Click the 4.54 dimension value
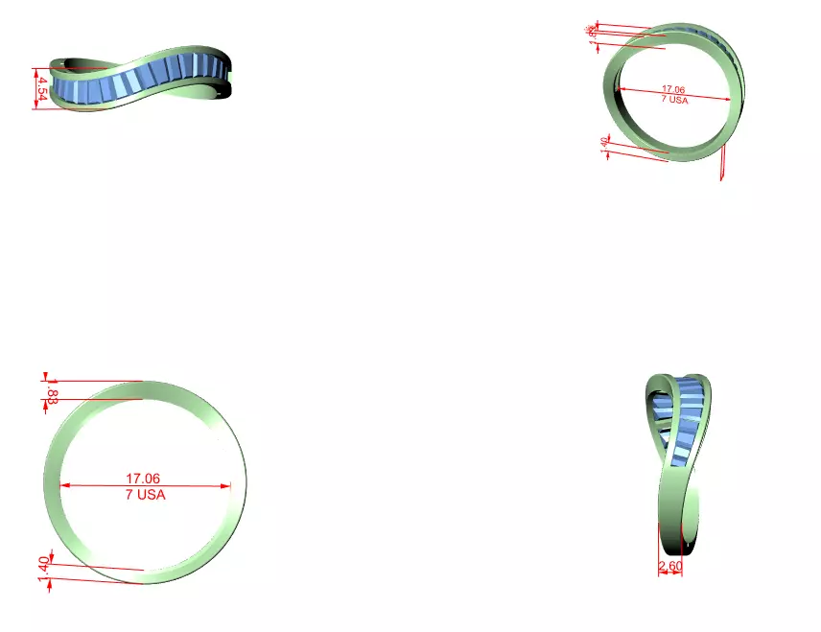[x=42, y=89]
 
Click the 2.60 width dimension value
[x=670, y=567]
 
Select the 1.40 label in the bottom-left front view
[x=43, y=570]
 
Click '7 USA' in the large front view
[x=145, y=495]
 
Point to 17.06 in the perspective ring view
[x=673, y=89]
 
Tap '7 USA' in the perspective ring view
[x=674, y=99]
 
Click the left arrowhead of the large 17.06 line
[x=63, y=485]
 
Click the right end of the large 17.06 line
[x=231, y=485]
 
